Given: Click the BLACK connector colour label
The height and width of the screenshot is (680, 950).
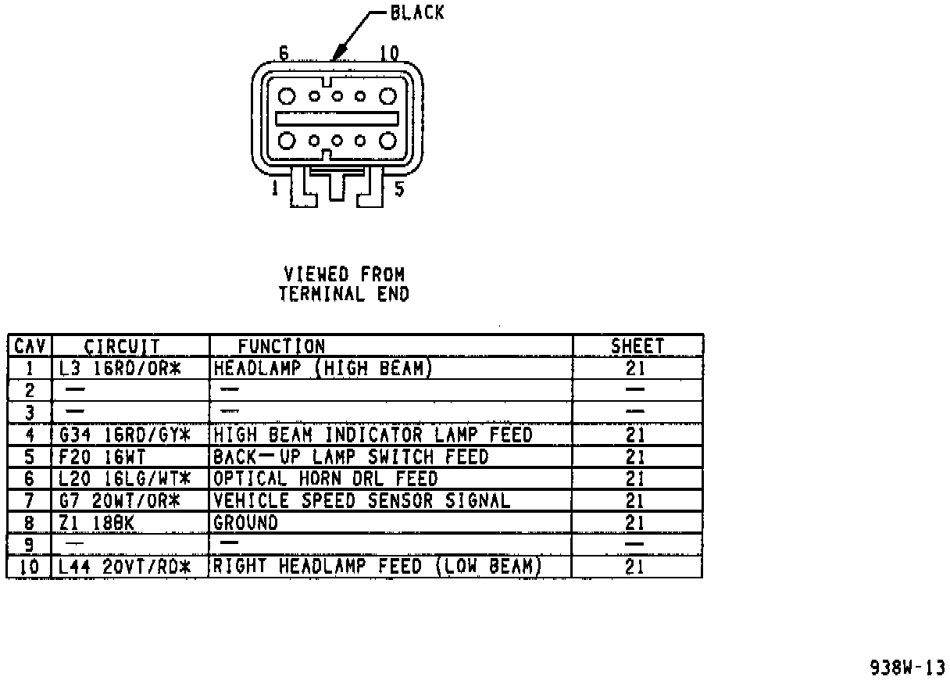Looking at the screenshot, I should click(416, 13).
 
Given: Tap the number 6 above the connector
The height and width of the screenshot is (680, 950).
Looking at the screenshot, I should click(284, 53).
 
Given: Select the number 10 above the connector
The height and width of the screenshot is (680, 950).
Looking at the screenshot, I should click(388, 53).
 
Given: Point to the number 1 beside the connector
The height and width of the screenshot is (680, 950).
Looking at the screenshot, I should click(275, 188).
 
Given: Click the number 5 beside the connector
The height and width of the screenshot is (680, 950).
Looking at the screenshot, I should click(399, 188).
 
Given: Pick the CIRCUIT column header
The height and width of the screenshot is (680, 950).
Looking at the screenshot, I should click(122, 346).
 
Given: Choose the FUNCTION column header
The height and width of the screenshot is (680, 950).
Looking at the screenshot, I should click(281, 346).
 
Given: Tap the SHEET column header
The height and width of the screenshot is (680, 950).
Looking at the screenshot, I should click(637, 346).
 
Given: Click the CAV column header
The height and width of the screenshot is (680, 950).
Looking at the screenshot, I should click(30, 346).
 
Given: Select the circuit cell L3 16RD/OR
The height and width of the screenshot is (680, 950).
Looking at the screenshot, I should click(120, 368).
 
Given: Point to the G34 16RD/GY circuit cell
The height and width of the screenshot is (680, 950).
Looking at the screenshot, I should click(125, 435).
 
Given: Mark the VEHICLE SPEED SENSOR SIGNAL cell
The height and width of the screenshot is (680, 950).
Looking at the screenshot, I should click(362, 500).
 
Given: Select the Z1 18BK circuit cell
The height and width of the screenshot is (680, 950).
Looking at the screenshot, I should click(97, 522).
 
